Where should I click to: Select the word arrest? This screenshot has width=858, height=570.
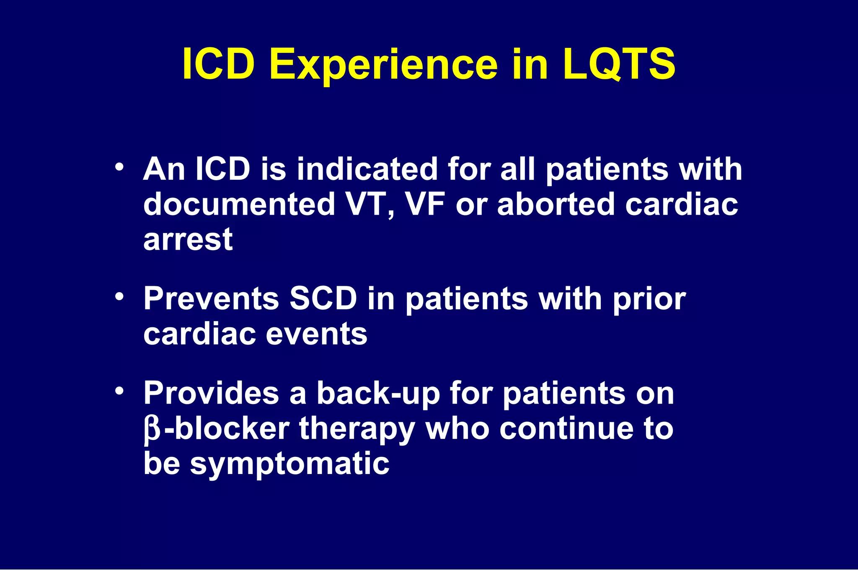tap(188, 240)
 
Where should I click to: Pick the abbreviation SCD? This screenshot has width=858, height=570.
tap(323, 299)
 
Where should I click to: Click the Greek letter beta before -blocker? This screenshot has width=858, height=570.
tap(152, 430)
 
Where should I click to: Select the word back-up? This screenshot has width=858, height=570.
tap(378, 394)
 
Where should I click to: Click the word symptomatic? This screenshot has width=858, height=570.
tap(289, 464)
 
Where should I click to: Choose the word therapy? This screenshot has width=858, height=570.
tap(357, 430)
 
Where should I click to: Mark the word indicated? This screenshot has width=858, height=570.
tap(367, 169)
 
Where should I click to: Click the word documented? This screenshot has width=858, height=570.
tap(239, 205)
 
